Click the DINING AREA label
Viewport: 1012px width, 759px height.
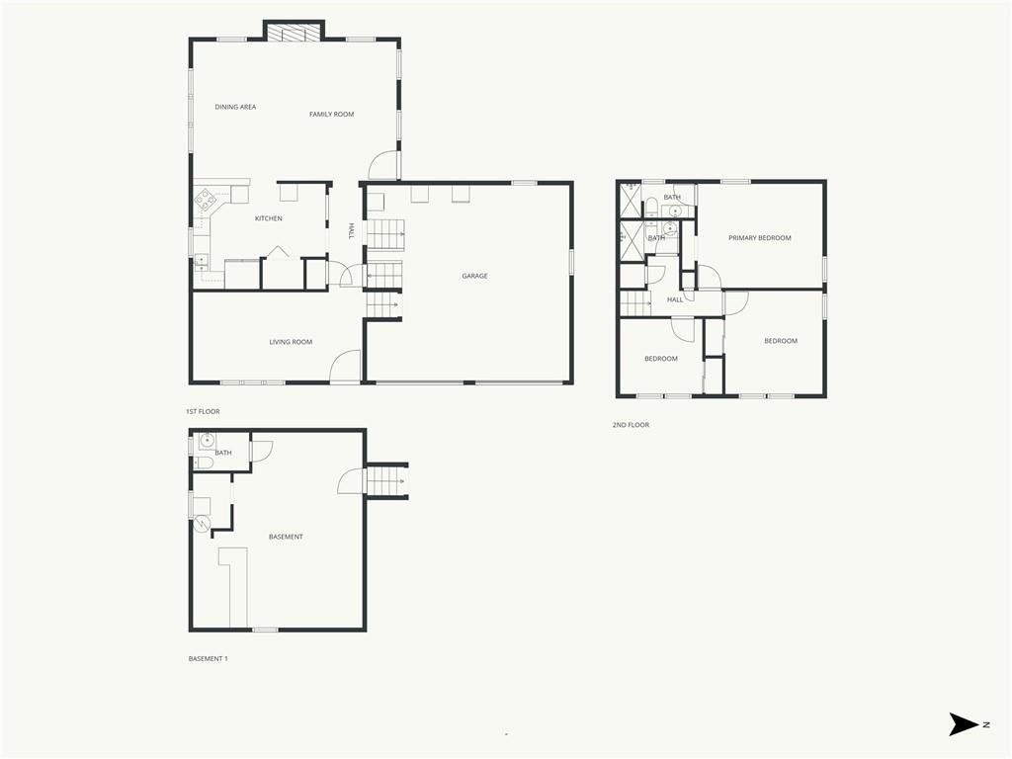tap(235, 107)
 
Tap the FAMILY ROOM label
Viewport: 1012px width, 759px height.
tap(332, 115)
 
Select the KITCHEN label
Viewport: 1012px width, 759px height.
tap(269, 218)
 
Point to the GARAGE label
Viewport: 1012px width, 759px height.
tap(475, 277)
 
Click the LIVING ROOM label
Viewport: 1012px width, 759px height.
tap(292, 342)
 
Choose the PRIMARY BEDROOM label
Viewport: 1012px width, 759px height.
tap(760, 238)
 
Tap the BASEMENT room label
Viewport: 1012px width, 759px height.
tap(286, 537)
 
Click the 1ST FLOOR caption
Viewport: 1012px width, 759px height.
tap(203, 412)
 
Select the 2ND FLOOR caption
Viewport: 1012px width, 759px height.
tap(632, 425)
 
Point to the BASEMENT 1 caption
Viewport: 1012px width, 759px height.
tap(208, 659)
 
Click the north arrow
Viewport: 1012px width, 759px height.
tap(965, 724)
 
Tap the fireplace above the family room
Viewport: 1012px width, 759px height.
tap(294, 34)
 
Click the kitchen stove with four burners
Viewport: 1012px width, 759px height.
tap(207, 200)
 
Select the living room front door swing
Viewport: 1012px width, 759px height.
tap(345, 366)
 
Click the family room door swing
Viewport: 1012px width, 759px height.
tap(384, 165)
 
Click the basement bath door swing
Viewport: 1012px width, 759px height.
tap(262, 451)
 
